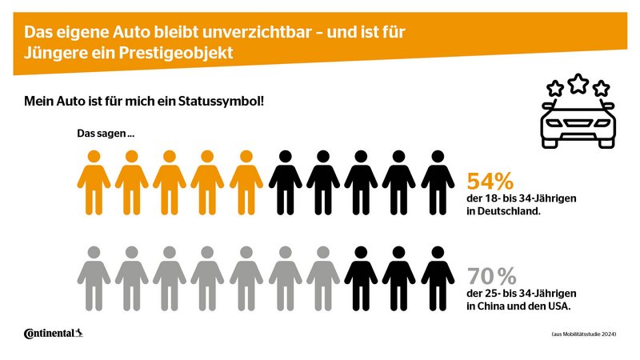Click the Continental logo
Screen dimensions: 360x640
click(53, 333)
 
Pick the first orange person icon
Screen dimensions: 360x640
click(94, 182)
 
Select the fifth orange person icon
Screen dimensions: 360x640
click(246, 182)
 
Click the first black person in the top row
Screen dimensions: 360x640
click(285, 182)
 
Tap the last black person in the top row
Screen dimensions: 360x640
click(438, 182)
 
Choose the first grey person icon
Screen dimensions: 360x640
click(94, 276)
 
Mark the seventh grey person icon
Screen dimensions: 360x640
click(323, 276)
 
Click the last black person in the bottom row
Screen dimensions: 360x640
click(438, 276)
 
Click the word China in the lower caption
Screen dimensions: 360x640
click(492, 308)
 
